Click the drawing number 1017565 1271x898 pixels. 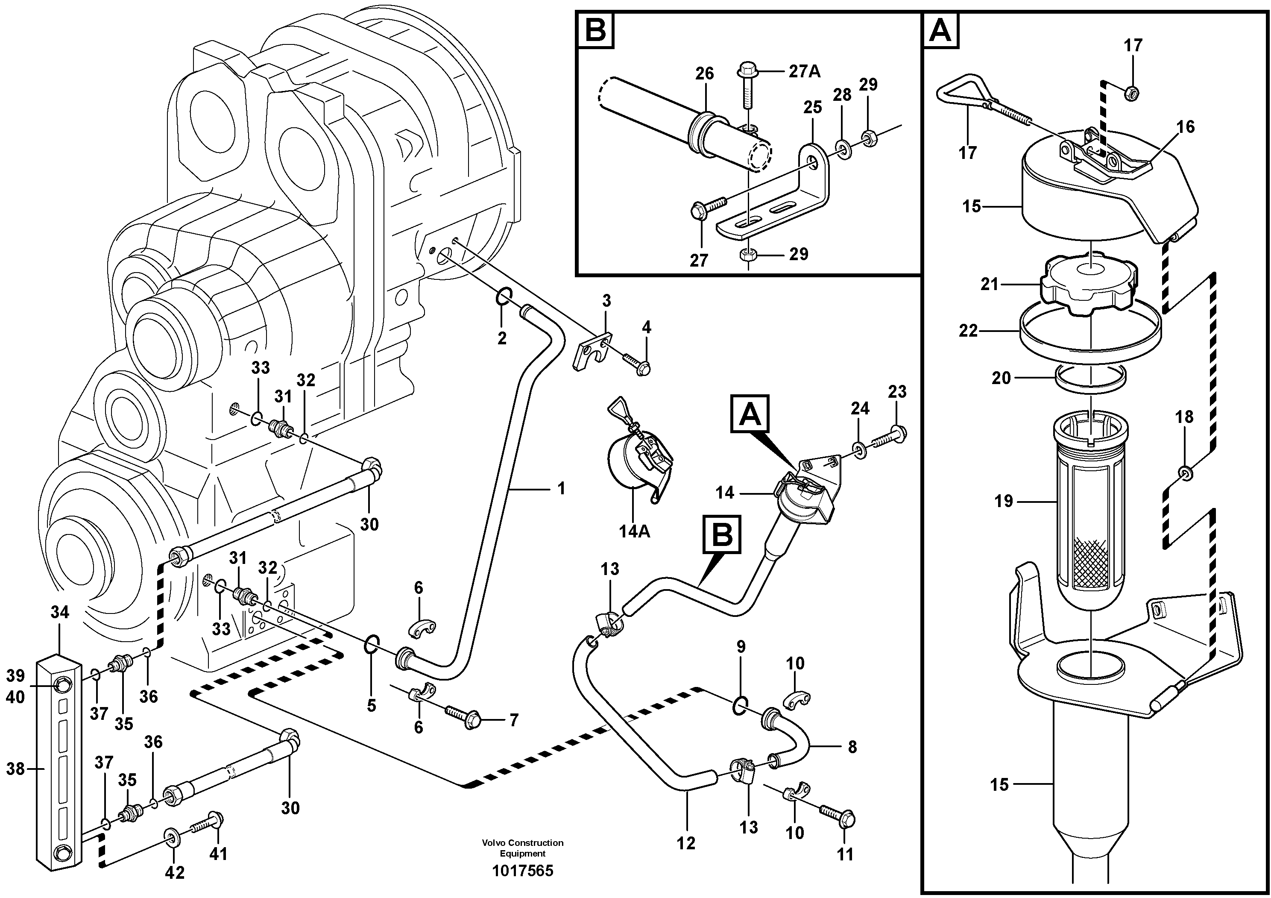[523, 871]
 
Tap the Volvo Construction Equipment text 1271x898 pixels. [523, 848]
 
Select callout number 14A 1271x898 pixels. [634, 531]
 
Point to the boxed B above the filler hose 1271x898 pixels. [722, 535]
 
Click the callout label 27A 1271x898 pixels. [804, 71]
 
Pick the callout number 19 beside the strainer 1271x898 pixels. [1003, 502]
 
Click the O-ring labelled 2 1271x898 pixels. [503, 297]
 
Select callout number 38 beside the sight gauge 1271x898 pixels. [15, 769]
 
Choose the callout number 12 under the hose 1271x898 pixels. [686, 843]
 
